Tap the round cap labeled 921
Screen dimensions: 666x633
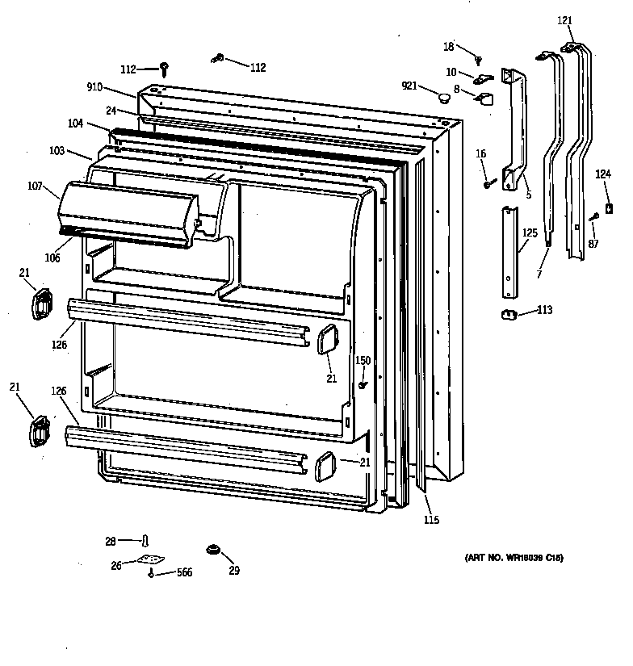point(442,98)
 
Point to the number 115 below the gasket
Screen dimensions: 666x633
point(430,520)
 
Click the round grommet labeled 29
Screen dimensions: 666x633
point(213,551)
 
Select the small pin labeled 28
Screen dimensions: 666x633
point(146,540)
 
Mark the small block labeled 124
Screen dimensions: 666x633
point(610,208)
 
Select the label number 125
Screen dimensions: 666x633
point(529,233)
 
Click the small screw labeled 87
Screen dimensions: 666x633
point(593,216)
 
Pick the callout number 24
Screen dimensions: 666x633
point(110,111)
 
